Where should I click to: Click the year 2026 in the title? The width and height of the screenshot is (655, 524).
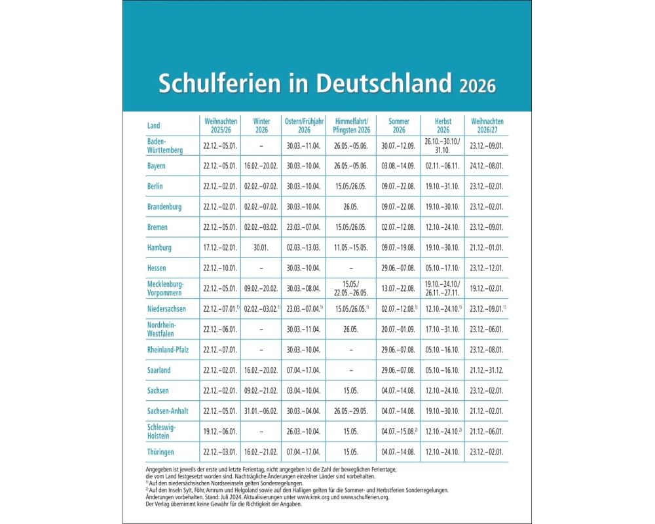pos(477,86)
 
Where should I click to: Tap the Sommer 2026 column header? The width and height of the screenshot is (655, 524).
pos(398,125)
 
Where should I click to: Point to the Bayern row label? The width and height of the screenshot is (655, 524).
pos(157,166)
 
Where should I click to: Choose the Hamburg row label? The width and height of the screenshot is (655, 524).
pos(159,248)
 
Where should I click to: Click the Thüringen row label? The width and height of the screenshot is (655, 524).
pos(160,452)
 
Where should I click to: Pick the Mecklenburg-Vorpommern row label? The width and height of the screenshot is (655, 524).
pos(166,288)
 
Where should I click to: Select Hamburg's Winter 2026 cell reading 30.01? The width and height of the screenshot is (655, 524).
pos(261,248)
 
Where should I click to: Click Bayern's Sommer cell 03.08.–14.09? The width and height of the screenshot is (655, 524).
pos(398,166)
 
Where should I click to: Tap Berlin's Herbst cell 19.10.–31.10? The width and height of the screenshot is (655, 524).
pos(443,187)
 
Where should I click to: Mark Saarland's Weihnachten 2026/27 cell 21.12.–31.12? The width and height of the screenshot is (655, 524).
pos(487,370)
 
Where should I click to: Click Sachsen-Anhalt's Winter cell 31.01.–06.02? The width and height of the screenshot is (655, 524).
pos(261,411)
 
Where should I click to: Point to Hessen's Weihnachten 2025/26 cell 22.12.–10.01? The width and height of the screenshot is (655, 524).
pos(219,268)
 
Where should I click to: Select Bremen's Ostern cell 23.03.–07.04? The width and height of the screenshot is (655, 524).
pos(303,227)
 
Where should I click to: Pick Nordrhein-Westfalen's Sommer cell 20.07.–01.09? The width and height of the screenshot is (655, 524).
pos(398,329)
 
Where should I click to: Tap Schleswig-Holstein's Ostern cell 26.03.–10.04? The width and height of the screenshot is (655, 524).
pos(303,432)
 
